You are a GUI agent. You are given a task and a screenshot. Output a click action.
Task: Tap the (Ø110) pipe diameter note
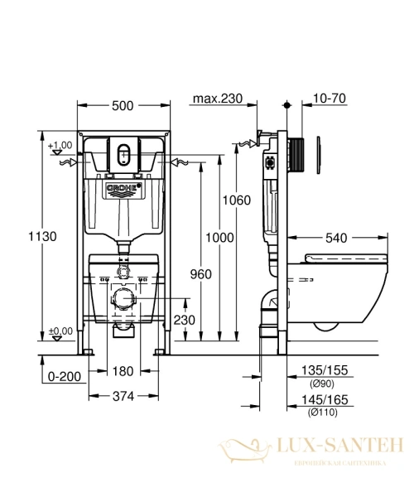[321, 411]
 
